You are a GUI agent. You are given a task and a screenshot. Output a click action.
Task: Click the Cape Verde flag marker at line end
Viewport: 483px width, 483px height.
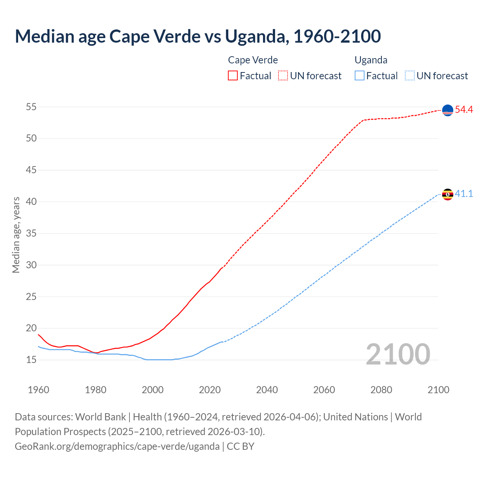[x=448, y=110]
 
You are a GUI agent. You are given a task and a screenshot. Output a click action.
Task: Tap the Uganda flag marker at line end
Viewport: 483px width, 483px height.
[x=448, y=194]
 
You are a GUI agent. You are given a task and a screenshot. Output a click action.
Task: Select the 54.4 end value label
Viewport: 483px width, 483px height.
[x=464, y=110]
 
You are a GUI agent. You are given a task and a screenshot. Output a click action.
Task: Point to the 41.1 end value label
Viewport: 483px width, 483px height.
[x=464, y=194]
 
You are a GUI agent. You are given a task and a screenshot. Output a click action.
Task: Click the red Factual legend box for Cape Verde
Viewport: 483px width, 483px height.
[x=233, y=76]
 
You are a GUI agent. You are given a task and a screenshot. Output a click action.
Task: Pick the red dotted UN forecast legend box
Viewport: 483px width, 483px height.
[x=283, y=76]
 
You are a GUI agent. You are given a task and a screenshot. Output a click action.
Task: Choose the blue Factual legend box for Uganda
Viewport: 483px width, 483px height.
[x=360, y=76]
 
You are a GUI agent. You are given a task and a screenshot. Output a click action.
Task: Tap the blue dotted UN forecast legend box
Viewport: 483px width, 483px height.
[x=410, y=76]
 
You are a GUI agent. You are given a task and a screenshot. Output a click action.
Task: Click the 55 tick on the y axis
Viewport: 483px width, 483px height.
[x=31, y=107]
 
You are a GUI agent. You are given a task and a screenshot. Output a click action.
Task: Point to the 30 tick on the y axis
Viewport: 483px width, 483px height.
[x=31, y=265]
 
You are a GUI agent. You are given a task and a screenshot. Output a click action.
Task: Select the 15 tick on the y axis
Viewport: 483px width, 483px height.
[x=31, y=360]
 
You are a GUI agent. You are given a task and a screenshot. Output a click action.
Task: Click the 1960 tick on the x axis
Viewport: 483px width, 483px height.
[x=38, y=390]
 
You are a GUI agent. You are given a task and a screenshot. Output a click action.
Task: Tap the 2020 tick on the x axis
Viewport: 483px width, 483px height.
[x=210, y=390]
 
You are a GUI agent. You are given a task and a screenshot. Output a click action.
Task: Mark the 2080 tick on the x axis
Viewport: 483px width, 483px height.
[x=381, y=390]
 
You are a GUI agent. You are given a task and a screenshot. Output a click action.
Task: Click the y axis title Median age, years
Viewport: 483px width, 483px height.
[x=16, y=235]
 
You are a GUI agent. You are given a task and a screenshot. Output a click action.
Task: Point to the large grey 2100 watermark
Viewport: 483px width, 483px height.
[x=398, y=354]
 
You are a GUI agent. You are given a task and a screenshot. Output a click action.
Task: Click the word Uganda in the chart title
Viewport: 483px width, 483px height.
[x=257, y=36]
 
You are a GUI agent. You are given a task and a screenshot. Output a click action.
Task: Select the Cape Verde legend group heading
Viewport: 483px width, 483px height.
[x=253, y=60]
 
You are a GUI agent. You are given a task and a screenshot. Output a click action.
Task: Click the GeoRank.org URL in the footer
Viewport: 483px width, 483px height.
[x=117, y=446]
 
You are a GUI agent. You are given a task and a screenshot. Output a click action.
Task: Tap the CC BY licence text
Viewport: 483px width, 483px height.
[x=240, y=446]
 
